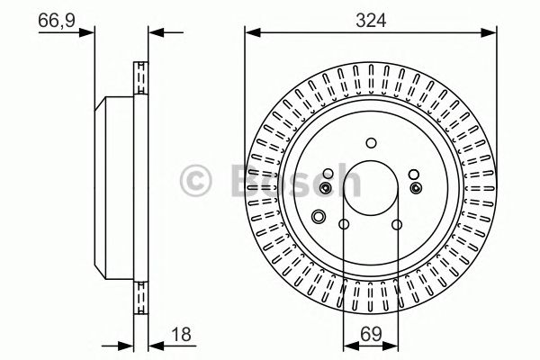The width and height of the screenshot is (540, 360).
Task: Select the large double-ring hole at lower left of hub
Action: [x=318, y=217]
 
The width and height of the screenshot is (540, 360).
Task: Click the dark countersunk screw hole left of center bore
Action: [x=326, y=187]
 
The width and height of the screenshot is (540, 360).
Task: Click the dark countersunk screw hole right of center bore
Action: [x=415, y=187]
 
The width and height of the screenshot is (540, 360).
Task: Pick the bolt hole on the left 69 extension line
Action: [x=344, y=226]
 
